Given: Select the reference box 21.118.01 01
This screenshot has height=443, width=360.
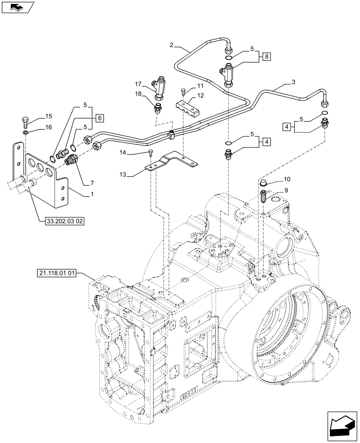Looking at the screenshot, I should click(x=55, y=274).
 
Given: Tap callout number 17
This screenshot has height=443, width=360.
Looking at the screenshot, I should click(x=138, y=83).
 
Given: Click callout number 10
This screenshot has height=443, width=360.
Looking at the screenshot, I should click(x=287, y=179).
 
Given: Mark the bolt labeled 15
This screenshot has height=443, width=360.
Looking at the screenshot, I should click(x=25, y=121).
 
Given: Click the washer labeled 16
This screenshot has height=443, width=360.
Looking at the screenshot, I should click(x=26, y=132).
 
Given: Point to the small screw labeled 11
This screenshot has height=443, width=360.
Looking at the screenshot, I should click(x=183, y=92).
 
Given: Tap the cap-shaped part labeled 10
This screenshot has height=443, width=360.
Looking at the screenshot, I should click(x=264, y=183).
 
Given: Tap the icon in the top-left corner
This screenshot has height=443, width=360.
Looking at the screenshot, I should click(x=17, y=7).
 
